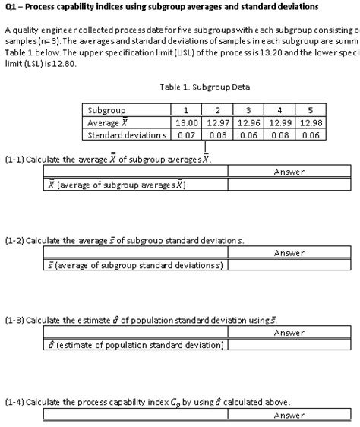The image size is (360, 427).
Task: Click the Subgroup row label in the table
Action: [106, 111]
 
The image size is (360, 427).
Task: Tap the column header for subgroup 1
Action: [186, 111]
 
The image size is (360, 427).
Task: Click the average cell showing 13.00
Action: [186, 122]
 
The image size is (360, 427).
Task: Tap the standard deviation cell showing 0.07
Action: [186, 134]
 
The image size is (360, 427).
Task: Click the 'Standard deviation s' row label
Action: [124, 134]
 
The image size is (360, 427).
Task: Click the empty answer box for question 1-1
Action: [289, 185]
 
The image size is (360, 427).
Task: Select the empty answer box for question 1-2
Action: [289, 266]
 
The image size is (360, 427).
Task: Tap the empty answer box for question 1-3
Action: [289, 346]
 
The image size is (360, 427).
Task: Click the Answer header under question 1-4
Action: [289, 415]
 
